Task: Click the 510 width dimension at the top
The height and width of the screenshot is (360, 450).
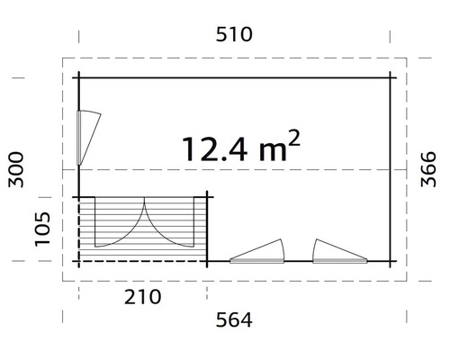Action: coord(234,35)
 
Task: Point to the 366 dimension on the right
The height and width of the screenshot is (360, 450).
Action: coord(430,169)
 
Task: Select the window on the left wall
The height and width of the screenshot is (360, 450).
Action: coord(87,137)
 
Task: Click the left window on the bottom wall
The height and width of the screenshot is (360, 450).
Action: coord(259,252)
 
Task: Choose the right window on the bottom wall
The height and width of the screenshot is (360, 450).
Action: coord(339,252)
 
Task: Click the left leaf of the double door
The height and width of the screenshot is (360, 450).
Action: coord(121,225)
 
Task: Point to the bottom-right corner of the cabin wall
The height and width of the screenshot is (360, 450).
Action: coord(390,262)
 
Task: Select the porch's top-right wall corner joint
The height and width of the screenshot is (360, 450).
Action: coord(209,196)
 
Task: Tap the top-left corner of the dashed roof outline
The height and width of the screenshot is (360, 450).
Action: coord(62,59)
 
